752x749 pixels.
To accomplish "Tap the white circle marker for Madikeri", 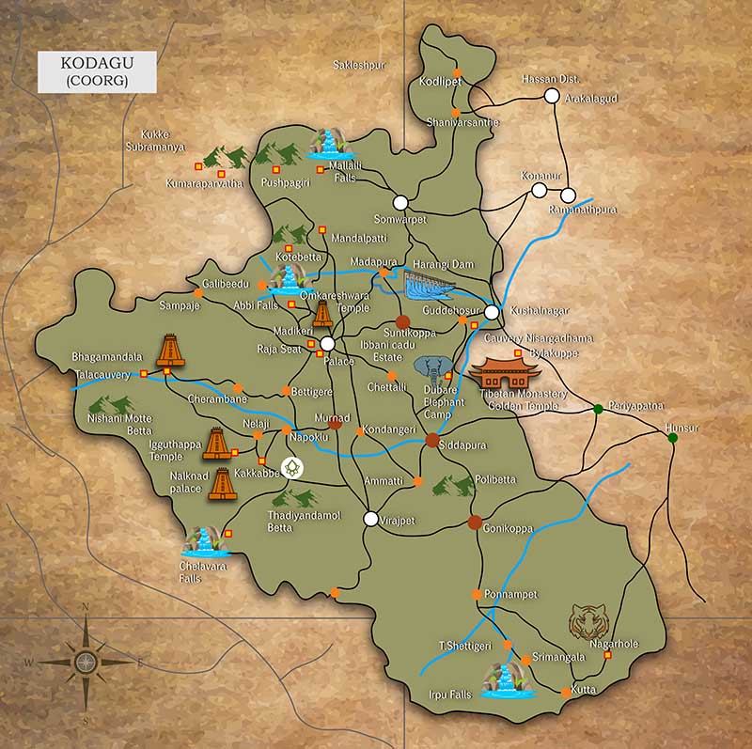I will click(326, 344).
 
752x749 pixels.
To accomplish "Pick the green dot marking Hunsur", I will click(672, 439).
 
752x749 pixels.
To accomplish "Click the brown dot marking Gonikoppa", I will click(475, 522).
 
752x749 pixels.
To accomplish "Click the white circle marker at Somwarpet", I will click(400, 202).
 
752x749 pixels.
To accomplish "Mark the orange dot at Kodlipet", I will click(457, 73).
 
